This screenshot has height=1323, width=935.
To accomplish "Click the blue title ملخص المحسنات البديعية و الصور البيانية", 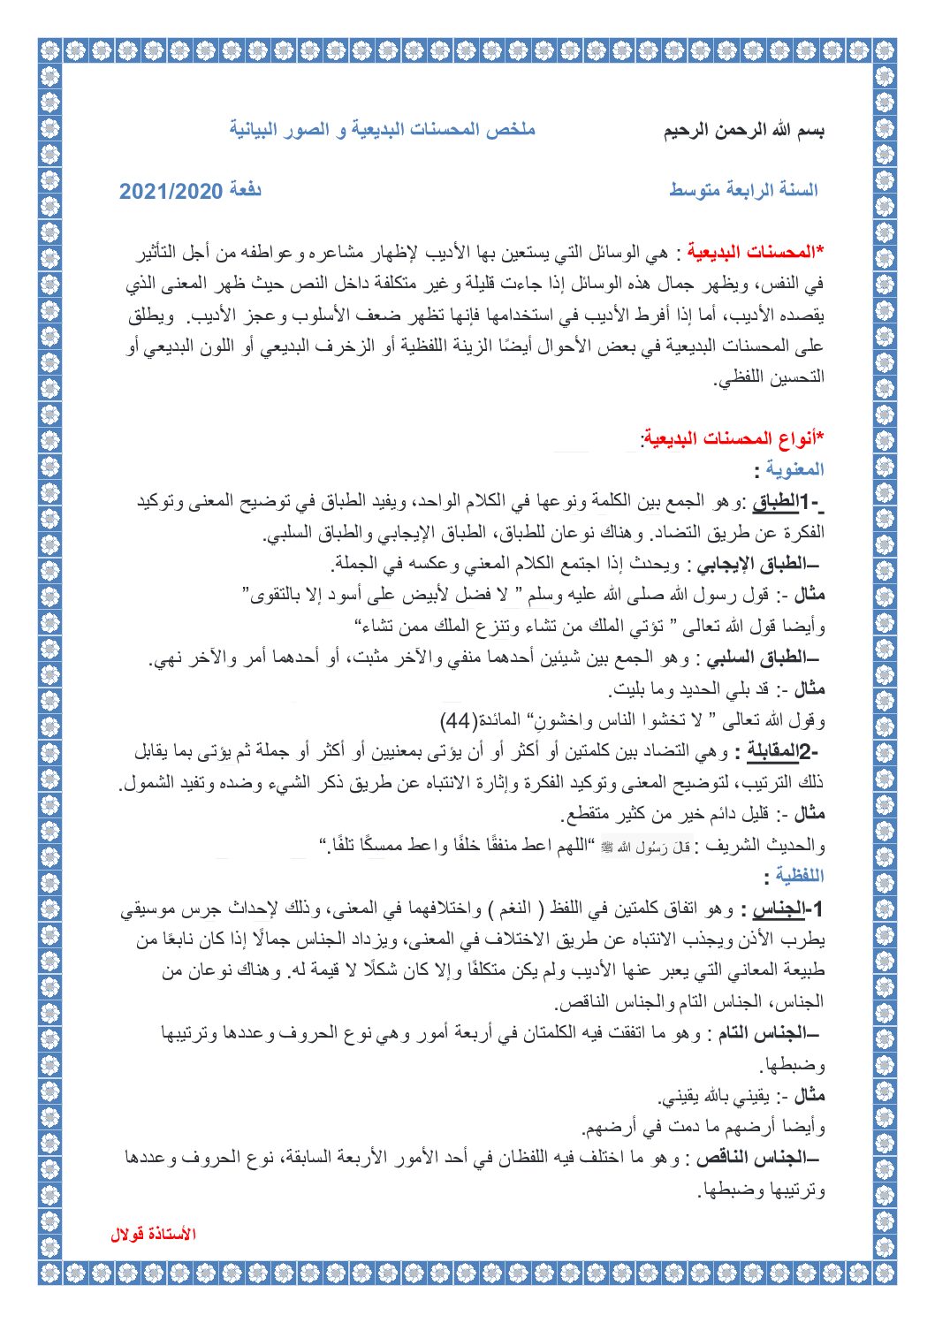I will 383,130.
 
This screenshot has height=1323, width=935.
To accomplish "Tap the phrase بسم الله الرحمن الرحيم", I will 744,132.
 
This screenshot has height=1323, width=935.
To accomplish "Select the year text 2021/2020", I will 170,191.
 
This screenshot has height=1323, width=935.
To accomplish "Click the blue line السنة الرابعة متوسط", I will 743,190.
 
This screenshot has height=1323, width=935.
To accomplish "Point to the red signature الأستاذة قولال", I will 153,1234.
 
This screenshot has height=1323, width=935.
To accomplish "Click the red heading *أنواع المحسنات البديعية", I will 734,438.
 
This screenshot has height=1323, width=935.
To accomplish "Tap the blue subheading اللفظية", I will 798,875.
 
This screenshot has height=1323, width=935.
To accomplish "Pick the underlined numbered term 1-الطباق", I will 787,502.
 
